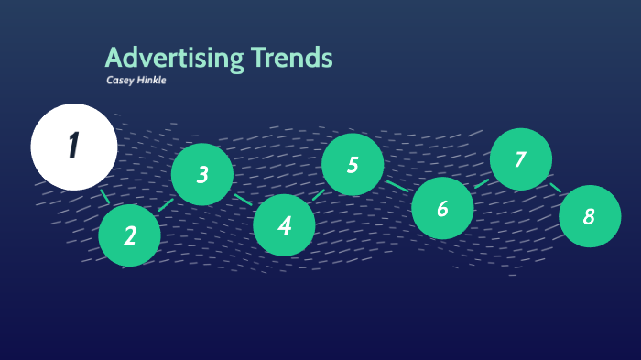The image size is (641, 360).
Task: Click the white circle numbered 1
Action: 74,147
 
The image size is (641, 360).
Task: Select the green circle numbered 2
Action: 130,235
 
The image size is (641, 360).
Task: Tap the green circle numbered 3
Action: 202,174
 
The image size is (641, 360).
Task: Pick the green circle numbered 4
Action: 284,224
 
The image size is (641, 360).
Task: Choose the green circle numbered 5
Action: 353,165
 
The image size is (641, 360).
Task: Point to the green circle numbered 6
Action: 442,208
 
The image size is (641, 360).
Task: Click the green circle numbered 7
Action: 520,159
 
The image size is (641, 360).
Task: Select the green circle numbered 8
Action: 589,216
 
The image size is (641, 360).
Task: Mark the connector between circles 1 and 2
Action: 105,196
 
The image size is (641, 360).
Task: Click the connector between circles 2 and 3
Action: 166,204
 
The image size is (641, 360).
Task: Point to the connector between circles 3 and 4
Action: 243,199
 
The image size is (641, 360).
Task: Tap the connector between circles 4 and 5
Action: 318,194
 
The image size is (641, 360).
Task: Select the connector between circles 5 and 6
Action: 397,186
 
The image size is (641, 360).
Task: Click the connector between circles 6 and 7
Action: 482,183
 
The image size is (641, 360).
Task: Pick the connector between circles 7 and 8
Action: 556,187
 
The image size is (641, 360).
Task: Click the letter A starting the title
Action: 114,59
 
